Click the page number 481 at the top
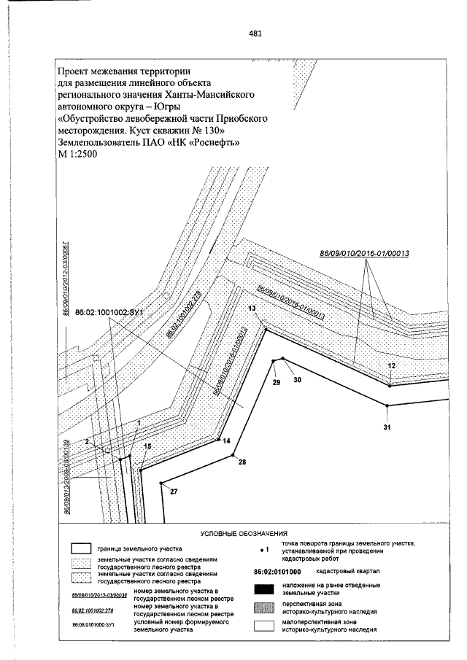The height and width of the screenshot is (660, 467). [x=255, y=34]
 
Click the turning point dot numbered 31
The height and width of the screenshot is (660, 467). [x=387, y=405]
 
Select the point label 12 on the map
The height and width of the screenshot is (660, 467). [x=391, y=365]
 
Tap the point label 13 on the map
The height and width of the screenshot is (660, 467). [x=252, y=309]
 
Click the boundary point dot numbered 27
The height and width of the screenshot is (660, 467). [x=161, y=484]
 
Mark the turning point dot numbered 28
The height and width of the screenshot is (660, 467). [x=233, y=455]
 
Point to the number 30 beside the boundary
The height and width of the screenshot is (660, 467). [x=296, y=379]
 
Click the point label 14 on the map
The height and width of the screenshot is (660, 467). [x=226, y=441]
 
